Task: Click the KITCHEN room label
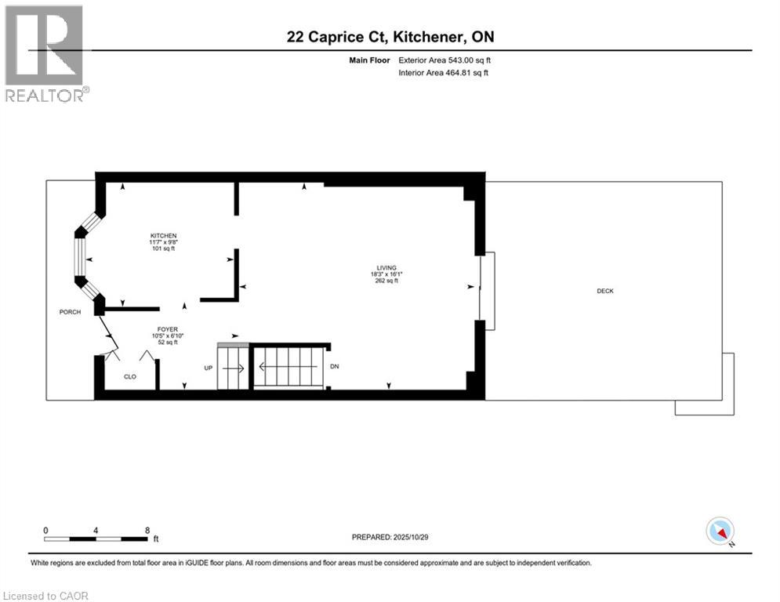164,236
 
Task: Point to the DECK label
604,291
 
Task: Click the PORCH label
70,312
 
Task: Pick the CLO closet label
130,376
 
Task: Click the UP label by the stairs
209,367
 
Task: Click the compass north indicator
720,531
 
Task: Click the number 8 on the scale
147,530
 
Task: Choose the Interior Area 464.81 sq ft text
444,73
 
